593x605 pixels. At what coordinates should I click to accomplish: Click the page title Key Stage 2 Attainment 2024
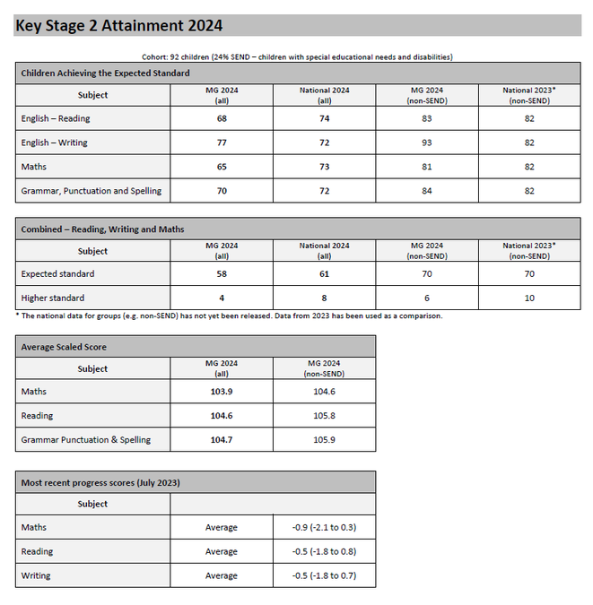pyautogui.click(x=119, y=26)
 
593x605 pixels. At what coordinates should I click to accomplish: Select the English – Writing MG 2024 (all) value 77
pyautogui.click(x=222, y=143)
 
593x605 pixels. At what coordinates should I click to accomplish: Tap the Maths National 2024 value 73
pyautogui.click(x=324, y=167)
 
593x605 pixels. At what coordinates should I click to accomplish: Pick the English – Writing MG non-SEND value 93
pyautogui.click(x=426, y=143)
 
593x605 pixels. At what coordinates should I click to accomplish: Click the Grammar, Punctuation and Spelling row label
pyautogui.click(x=92, y=191)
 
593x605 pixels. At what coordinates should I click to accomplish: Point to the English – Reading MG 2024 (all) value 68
pyautogui.click(x=222, y=118)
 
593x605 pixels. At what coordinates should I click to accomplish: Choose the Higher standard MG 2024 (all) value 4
pyautogui.click(x=222, y=298)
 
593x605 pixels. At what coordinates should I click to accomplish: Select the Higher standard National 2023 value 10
pyautogui.click(x=529, y=298)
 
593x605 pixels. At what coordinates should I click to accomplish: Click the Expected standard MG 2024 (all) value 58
pyautogui.click(x=222, y=274)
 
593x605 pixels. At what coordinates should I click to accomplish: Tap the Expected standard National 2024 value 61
pyautogui.click(x=324, y=274)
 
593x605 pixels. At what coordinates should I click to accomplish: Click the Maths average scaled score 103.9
pyautogui.click(x=222, y=392)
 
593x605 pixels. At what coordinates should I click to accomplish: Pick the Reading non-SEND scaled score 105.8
pyautogui.click(x=324, y=416)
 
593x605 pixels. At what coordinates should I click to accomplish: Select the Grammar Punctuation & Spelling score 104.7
pyautogui.click(x=222, y=440)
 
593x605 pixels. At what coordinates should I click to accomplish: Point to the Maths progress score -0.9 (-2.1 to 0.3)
pyautogui.click(x=324, y=527)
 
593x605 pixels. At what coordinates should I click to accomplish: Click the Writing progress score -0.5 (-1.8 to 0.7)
pyautogui.click(x=324, y=575)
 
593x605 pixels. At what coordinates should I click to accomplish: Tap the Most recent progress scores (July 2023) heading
pyautogui.click(x=100, y=483)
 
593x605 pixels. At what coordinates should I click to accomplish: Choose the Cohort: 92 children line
pyautogui.click(x=297, y=57)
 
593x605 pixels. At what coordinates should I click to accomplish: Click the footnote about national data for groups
pyautogui.click(x=229, y=315)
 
